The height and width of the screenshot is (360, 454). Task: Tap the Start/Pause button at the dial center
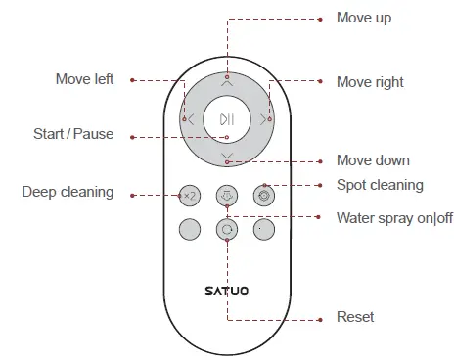(227, 119)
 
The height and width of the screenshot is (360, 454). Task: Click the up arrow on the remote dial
(227, 84)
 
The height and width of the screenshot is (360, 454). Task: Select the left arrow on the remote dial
(190, 119)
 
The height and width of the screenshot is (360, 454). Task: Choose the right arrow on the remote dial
(263, 119)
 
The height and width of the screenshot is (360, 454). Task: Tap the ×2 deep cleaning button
(190, 196)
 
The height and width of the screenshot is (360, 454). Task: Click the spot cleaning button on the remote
(263, 196)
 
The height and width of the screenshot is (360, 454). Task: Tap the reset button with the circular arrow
(227, 230)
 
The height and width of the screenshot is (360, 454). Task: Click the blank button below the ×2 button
(190, 230)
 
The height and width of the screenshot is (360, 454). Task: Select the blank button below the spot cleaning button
(263, 230)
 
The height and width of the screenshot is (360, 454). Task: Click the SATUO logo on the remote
(227, 290)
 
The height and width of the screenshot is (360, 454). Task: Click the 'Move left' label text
(85, 79)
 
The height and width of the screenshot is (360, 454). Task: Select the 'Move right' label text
(370, 82)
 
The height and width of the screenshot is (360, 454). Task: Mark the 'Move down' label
(373, 159)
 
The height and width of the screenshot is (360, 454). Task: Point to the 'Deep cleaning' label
(68, 192)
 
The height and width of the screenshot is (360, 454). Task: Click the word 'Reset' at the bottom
(354, 317)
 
